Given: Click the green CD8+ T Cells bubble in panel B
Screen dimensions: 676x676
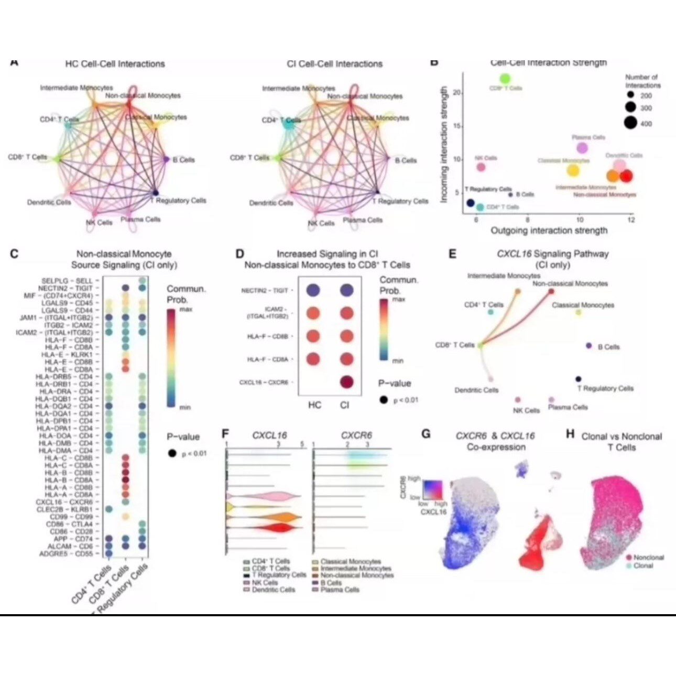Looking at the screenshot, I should (x=505, y=79).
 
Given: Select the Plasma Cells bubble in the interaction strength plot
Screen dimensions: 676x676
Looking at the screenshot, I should (x=582, y=148).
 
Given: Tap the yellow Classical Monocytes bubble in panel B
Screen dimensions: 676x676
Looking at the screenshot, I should (x=573, y=170).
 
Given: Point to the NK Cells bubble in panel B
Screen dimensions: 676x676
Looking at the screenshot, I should (x=481, y=167).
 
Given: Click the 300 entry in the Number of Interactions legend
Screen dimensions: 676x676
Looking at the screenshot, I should (x=630, y=108).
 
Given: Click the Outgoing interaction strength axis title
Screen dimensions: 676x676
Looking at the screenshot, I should (x=549, y=231).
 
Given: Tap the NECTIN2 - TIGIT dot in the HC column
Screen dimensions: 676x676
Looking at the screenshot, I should (x=313, y=290).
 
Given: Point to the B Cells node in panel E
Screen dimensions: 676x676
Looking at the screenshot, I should (x=589, y=346).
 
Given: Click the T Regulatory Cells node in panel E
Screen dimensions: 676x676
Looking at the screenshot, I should (x=579, y=379).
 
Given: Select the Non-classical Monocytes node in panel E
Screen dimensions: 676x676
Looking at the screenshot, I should (x=551, y=291).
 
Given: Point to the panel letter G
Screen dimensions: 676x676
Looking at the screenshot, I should (x=426, y=434).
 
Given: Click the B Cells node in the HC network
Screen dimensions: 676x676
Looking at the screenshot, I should (x=166, y=159).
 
